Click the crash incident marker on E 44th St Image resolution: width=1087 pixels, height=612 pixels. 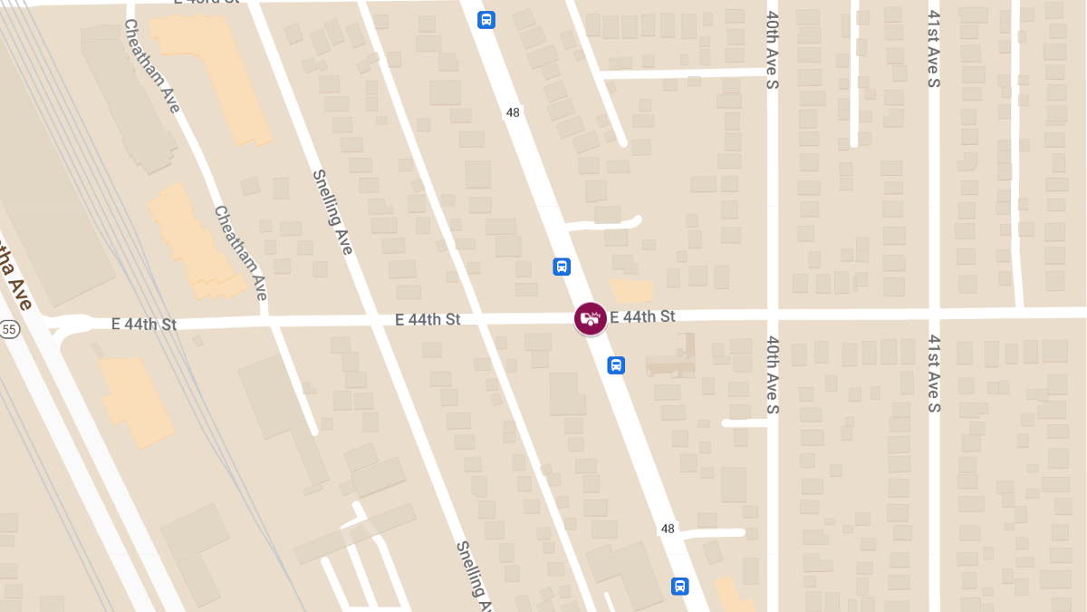[591, 318]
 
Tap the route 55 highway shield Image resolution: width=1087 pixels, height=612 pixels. [10, 329]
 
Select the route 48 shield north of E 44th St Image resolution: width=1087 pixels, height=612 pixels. [513, 112]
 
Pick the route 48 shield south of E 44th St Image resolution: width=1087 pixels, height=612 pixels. [668, 529]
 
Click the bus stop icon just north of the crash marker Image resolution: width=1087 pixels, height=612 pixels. [562, 267]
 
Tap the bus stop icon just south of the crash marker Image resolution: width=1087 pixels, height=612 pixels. [616, 364]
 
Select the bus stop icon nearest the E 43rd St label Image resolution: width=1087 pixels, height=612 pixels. [486, 19]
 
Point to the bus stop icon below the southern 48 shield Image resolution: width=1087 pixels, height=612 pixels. [679, 586]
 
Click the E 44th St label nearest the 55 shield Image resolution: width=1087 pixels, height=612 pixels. [143, 324]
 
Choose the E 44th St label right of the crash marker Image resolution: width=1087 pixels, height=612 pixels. [643, 316]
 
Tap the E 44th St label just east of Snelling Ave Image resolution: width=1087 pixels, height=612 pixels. [428, 320]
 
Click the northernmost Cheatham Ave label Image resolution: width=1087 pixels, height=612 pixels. [151, 66]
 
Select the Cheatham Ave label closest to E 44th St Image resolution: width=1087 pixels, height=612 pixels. [241, 253]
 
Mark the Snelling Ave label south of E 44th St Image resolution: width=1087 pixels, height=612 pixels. [474, 576]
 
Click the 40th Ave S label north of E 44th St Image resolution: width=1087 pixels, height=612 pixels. [773, 50]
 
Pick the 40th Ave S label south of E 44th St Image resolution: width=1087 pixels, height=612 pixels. [773, 374]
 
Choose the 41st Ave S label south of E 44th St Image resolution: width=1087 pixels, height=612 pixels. [934, 373]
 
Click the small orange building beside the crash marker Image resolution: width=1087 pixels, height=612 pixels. [632, 291]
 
